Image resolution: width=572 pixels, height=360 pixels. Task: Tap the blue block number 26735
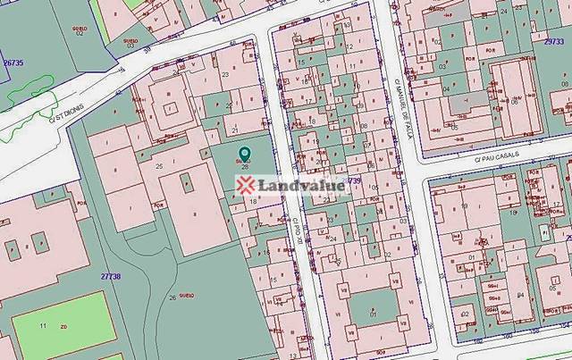coord(13,62)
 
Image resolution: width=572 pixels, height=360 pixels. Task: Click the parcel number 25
coord(159,166)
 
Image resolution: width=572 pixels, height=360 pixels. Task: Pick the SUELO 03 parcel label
coord(130,43)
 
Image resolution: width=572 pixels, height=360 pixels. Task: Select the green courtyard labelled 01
coord(373,314)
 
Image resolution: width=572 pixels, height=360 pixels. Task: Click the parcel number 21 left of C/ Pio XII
coord(234,130)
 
